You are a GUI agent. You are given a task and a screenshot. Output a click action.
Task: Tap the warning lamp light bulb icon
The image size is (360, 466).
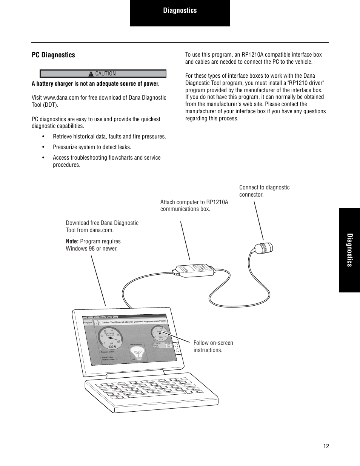click(137, 354)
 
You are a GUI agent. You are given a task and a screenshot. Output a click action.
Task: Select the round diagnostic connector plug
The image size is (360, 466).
click(264, 248)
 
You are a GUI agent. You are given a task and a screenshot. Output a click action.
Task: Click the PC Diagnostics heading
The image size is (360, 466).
click(53, 55)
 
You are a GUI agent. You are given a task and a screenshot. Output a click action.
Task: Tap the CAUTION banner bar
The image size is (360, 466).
click(103, 74)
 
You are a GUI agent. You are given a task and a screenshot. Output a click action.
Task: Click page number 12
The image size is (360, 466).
click(326, 446)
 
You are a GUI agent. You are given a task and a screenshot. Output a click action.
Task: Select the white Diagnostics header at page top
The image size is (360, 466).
click(180, 11)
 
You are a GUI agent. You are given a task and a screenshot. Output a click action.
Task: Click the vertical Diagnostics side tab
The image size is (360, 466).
click(349, 250)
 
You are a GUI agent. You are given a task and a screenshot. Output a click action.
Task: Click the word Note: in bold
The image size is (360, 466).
click(72, 241)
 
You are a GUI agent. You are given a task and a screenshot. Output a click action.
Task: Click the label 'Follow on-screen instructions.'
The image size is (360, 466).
click(213, 346)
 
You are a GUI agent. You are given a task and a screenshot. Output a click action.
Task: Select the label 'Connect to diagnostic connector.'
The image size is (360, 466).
click(264, 191)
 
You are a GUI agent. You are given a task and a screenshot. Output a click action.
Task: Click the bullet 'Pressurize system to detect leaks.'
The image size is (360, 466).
click(92, 147)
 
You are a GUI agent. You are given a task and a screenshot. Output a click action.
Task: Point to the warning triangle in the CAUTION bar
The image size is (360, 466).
click(91, 74)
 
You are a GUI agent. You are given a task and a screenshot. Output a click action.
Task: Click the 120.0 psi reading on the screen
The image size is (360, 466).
click(112, 346)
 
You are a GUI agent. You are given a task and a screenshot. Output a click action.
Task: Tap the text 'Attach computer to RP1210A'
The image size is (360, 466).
click(194, 202)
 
